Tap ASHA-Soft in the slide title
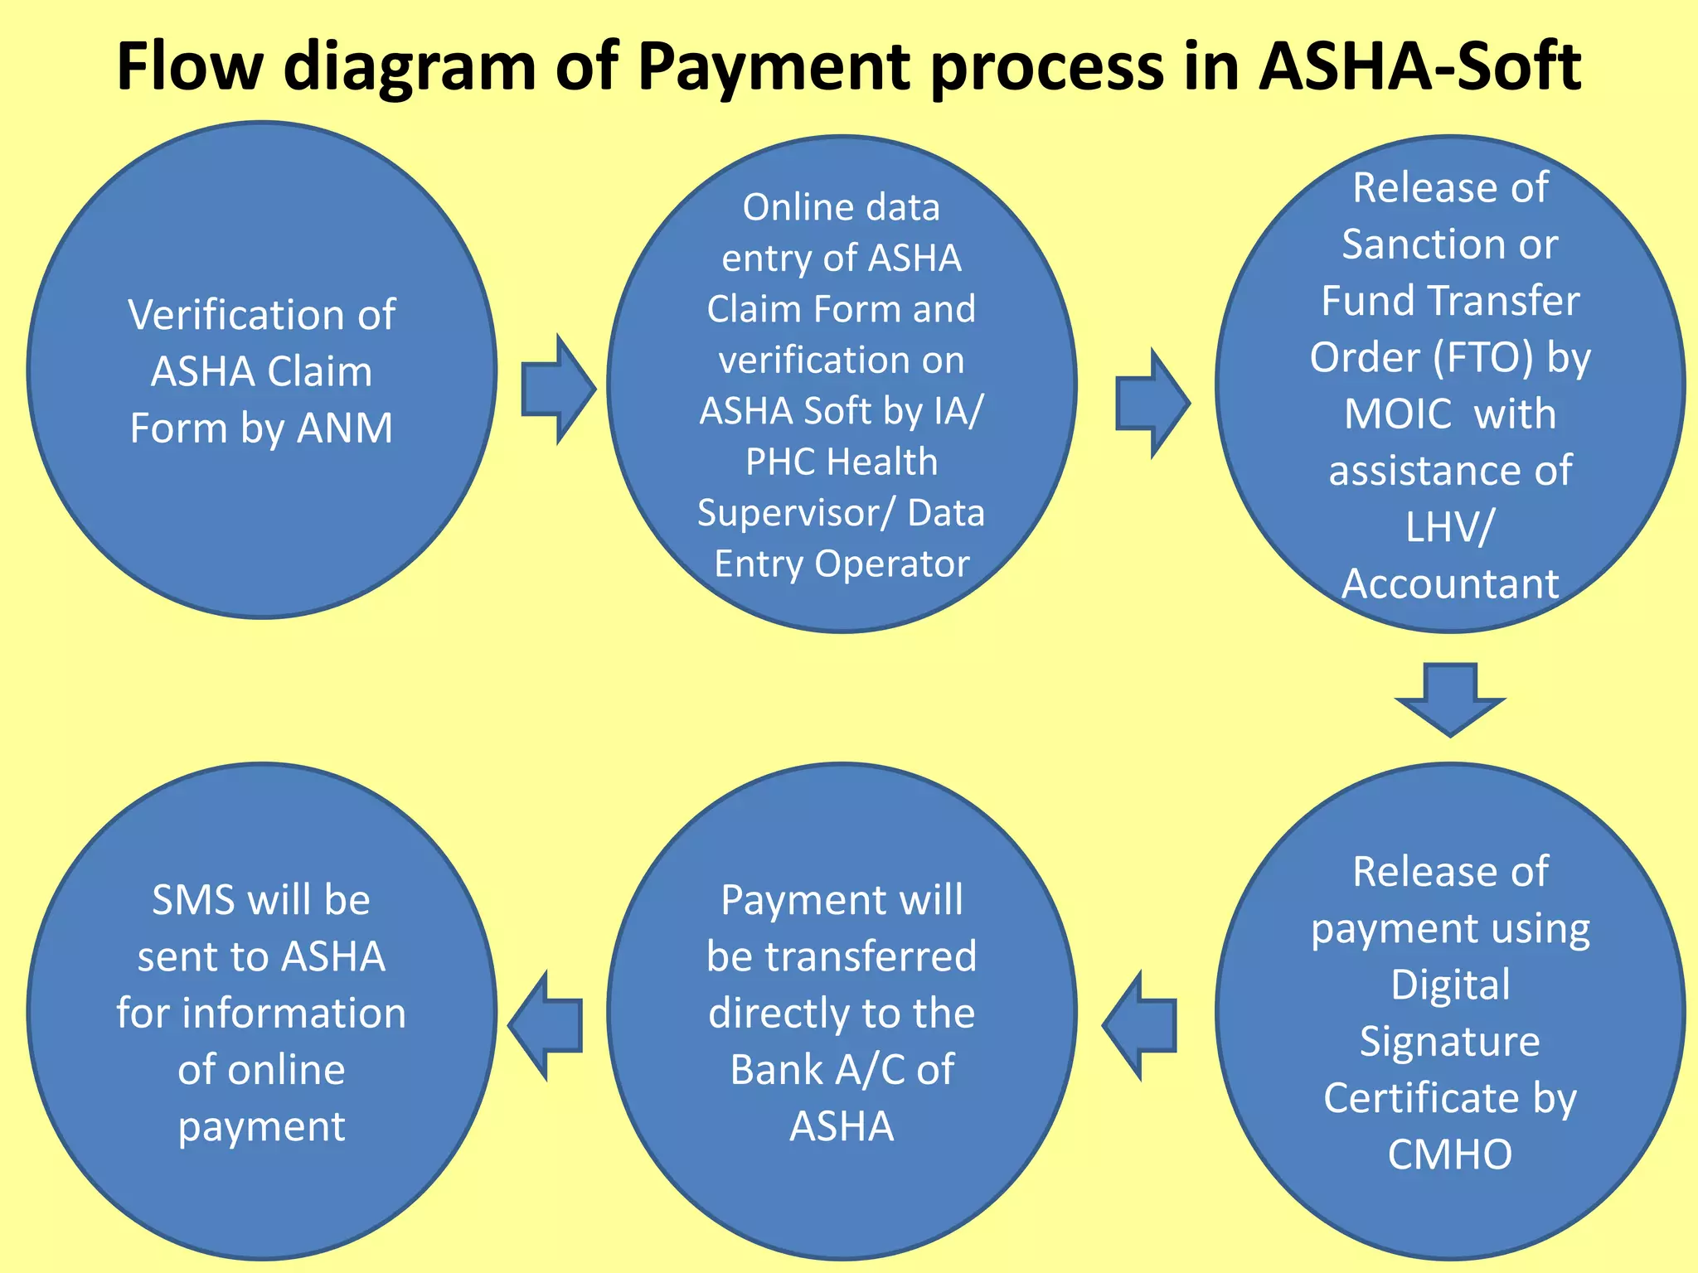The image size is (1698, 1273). (x=1419, y=66)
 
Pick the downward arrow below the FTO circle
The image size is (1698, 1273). (x=1450, y=699)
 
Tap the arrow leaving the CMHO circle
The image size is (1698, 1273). (x=1140, y=1025)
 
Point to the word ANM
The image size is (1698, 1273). (x=345, y=428)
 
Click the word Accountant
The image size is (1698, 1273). (x=1450, y=583)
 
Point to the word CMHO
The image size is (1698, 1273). (x=1450, y=1154)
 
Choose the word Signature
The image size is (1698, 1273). (x=1449, y=1041)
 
